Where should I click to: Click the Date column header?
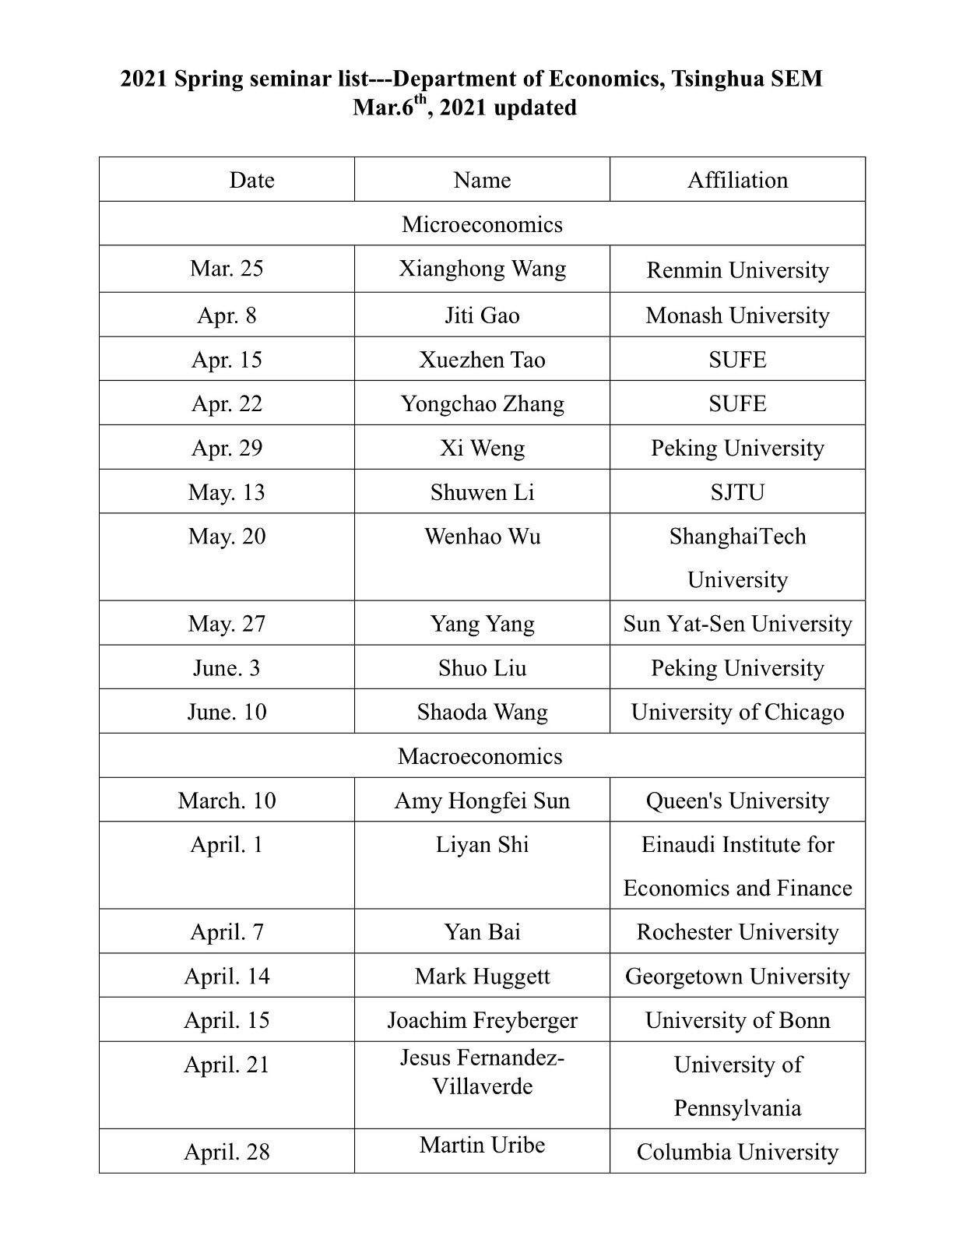click(251, 180)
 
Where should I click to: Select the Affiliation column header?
click(737, 180)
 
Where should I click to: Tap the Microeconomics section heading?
click(482, 224)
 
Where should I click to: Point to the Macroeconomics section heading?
click(480, 756)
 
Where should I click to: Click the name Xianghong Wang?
click(482, 269)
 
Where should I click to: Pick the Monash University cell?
click(737, 315)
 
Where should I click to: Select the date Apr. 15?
click(227, 360)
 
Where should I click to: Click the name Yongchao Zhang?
click(482, 403)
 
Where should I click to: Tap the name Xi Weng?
click(482, 448)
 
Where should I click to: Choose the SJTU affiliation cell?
click(737, 492)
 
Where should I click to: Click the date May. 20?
click(227, 537)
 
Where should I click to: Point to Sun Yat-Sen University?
click(737, 624)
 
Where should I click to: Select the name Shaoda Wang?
click(482, 712)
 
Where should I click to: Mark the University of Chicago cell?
click(737, 712)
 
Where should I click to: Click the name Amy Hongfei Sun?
click(482, 801)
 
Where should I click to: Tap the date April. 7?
click(227, 932)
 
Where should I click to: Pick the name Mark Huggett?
click(482, 977)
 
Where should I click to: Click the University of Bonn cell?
click(737, 1020)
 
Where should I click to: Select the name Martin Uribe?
click(482, 1145)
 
